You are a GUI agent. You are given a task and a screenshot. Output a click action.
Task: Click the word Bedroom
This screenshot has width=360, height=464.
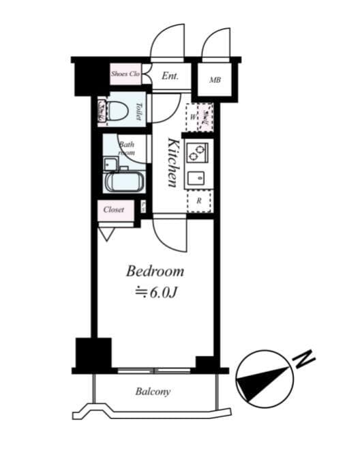(x=155, y=272)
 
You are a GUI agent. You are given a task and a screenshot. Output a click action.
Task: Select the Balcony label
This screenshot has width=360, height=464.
(x=152, y=392)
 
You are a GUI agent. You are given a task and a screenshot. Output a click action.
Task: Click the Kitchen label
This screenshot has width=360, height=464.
(x=173, y=162)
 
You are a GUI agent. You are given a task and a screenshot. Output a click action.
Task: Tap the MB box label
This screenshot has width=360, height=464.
(x=215, y=81)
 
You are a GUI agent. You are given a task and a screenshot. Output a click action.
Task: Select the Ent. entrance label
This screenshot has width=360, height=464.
(x=170, y=76)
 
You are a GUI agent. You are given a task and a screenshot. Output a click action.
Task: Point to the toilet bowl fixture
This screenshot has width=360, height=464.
(x=117, y=111)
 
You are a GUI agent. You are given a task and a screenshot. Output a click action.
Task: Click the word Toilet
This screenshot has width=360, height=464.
(x=138, y=111)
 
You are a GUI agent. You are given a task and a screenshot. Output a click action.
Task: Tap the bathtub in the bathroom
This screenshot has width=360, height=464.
(x=123, y=183)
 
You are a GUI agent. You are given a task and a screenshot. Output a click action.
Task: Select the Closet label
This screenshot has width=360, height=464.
(x=114, y=209)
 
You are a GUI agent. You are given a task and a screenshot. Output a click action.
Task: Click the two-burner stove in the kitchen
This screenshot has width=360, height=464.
(x=197, y=151)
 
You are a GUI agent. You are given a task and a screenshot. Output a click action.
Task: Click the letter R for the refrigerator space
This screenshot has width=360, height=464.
(x=198, y=201)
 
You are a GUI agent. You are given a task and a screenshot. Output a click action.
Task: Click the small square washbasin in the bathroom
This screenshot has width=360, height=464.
(x=108, y=164)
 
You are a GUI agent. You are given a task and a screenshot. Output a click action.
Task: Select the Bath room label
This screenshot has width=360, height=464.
(x=127, y=148)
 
